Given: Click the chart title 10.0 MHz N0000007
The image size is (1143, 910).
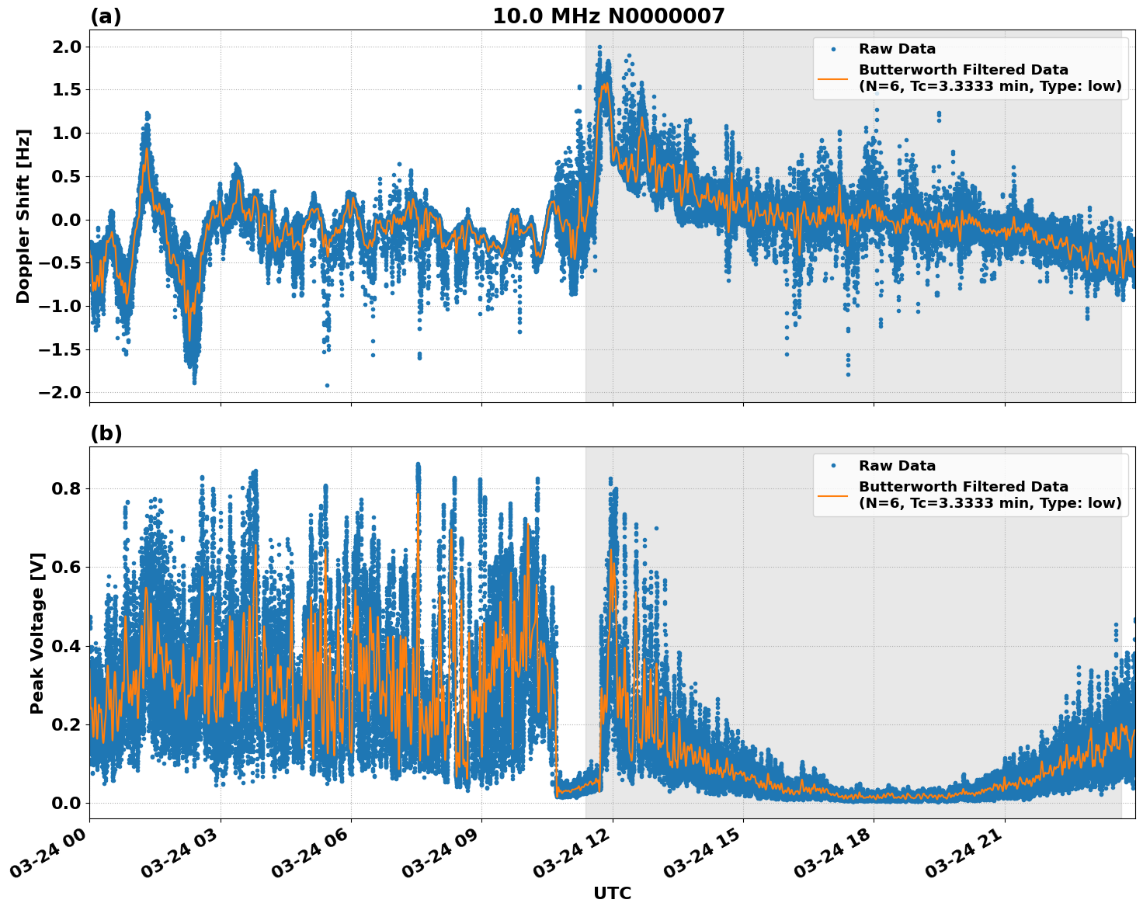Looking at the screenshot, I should coord(608,16).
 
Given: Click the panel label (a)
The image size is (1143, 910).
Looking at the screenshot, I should coord(106,16).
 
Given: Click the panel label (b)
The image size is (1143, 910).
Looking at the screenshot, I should coord(106,433).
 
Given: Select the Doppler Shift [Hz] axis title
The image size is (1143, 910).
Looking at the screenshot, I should coord(23,216).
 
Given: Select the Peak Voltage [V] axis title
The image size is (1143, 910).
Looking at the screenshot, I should coord(37,633).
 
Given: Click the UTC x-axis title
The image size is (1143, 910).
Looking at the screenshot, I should coord(612,893).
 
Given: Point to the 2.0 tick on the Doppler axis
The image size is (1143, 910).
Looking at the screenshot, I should coord(65,47).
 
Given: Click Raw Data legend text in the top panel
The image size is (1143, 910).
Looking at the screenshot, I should coord(897,49).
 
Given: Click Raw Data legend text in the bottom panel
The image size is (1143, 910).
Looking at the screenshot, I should coord(897,466).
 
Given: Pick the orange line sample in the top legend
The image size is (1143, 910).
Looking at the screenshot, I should coord(833,78).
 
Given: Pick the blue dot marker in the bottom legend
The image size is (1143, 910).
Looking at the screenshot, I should coord(833,466).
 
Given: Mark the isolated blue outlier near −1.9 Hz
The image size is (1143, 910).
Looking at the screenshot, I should coord(327,385).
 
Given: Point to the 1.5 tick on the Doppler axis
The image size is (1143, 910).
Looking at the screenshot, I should coord(65,90).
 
